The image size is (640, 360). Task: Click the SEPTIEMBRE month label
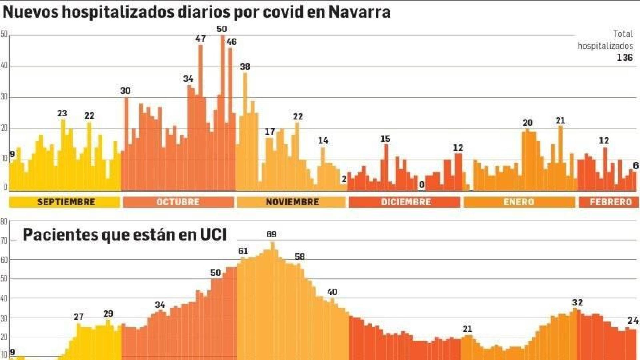click(66, 202)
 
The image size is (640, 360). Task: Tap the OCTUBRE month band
click(178, 202)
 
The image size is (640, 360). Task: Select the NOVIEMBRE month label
click(292, 202)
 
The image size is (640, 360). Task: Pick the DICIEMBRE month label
click(406, 202)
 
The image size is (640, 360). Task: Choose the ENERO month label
click(519, 202)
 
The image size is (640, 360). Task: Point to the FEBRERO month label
click(610, 202)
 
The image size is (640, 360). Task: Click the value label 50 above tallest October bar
click(222, 29)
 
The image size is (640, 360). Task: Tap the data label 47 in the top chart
click(200, 39)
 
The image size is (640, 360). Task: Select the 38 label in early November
click(245, 67)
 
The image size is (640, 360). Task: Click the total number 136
click(624, 58)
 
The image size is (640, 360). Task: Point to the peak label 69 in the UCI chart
click(271, 234)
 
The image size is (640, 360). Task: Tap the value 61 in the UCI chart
click(243, 251)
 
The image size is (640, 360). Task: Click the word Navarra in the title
click(359, 12)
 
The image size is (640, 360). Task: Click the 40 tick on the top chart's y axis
click(4, 66)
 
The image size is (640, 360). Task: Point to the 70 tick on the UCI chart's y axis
click(4, 241)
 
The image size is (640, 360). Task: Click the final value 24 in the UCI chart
click(633, 321)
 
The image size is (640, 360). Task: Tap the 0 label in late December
click(421, 185)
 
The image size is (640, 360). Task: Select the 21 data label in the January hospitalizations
click(560, 121)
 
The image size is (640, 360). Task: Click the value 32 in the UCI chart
click(577, 303)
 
